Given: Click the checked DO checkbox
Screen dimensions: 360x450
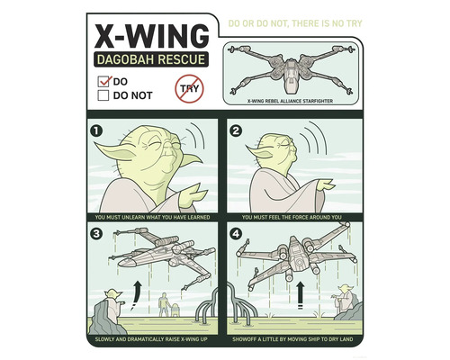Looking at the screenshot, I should click(103, 80).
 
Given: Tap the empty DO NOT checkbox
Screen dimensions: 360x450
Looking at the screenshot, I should click(103, 93).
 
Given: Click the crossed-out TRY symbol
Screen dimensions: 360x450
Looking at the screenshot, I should click(190, 88).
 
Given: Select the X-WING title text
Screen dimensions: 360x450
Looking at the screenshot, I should click(150, 36).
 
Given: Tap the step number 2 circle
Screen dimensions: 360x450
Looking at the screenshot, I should click(236, 130).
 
